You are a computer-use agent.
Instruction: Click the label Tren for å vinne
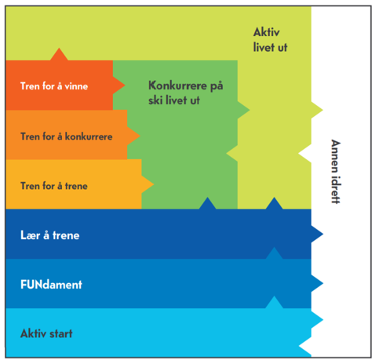54,86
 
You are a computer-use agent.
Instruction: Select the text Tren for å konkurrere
67,136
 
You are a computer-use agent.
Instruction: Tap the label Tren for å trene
54,186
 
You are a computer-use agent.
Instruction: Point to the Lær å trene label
50,235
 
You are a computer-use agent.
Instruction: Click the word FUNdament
51,285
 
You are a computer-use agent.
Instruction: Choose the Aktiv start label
46,333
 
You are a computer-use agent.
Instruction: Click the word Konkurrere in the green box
177,85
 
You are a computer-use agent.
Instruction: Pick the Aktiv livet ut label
270,40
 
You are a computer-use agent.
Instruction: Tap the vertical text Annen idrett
336,172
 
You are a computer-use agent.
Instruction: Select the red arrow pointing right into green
119,85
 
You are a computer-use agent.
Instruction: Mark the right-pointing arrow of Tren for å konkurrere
133,136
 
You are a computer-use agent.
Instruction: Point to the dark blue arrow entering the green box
207,203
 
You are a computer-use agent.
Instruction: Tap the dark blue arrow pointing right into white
317,234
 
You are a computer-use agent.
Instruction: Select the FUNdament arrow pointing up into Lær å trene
274,253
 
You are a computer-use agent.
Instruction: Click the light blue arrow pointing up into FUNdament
274,302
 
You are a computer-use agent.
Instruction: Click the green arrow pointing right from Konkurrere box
244,110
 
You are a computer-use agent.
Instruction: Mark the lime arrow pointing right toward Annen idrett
317,110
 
